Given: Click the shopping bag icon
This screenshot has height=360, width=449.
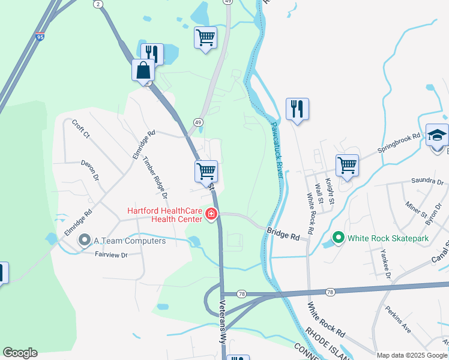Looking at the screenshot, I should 143,70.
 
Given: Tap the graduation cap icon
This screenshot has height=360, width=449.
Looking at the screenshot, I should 437,135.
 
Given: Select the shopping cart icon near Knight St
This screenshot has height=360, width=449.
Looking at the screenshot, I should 348,165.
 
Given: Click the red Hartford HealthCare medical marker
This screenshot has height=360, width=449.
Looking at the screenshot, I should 211,214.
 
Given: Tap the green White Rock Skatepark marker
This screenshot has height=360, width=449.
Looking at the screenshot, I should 338,238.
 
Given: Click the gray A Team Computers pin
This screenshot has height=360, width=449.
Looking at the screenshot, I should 85,241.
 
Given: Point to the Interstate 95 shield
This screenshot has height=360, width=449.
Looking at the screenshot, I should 40,37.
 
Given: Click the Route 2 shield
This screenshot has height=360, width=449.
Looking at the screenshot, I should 97,4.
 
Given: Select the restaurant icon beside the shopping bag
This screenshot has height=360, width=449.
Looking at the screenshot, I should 152,53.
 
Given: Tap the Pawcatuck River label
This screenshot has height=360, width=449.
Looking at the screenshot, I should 276,148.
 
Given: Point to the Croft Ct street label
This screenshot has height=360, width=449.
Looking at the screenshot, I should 80,129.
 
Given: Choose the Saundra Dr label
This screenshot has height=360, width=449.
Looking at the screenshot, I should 426,181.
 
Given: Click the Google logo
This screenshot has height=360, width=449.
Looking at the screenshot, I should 20,353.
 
